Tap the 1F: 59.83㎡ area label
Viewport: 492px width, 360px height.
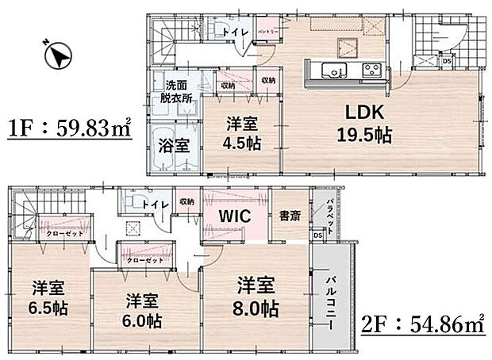click(71, 129)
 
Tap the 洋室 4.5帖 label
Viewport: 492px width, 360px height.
click(243, 133)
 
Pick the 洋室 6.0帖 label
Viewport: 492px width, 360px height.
click(144, 312)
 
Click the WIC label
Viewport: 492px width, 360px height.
click(235, 216)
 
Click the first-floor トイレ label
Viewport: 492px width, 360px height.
click(236, 31)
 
